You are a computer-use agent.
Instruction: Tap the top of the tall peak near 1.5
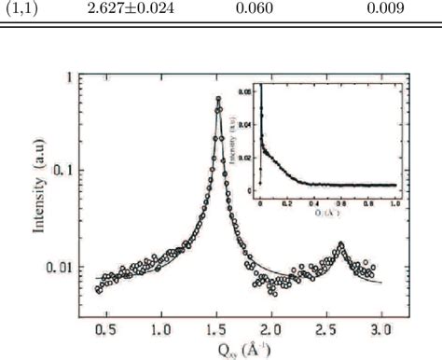click(218, 99)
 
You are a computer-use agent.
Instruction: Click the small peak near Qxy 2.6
click(341, 244)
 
